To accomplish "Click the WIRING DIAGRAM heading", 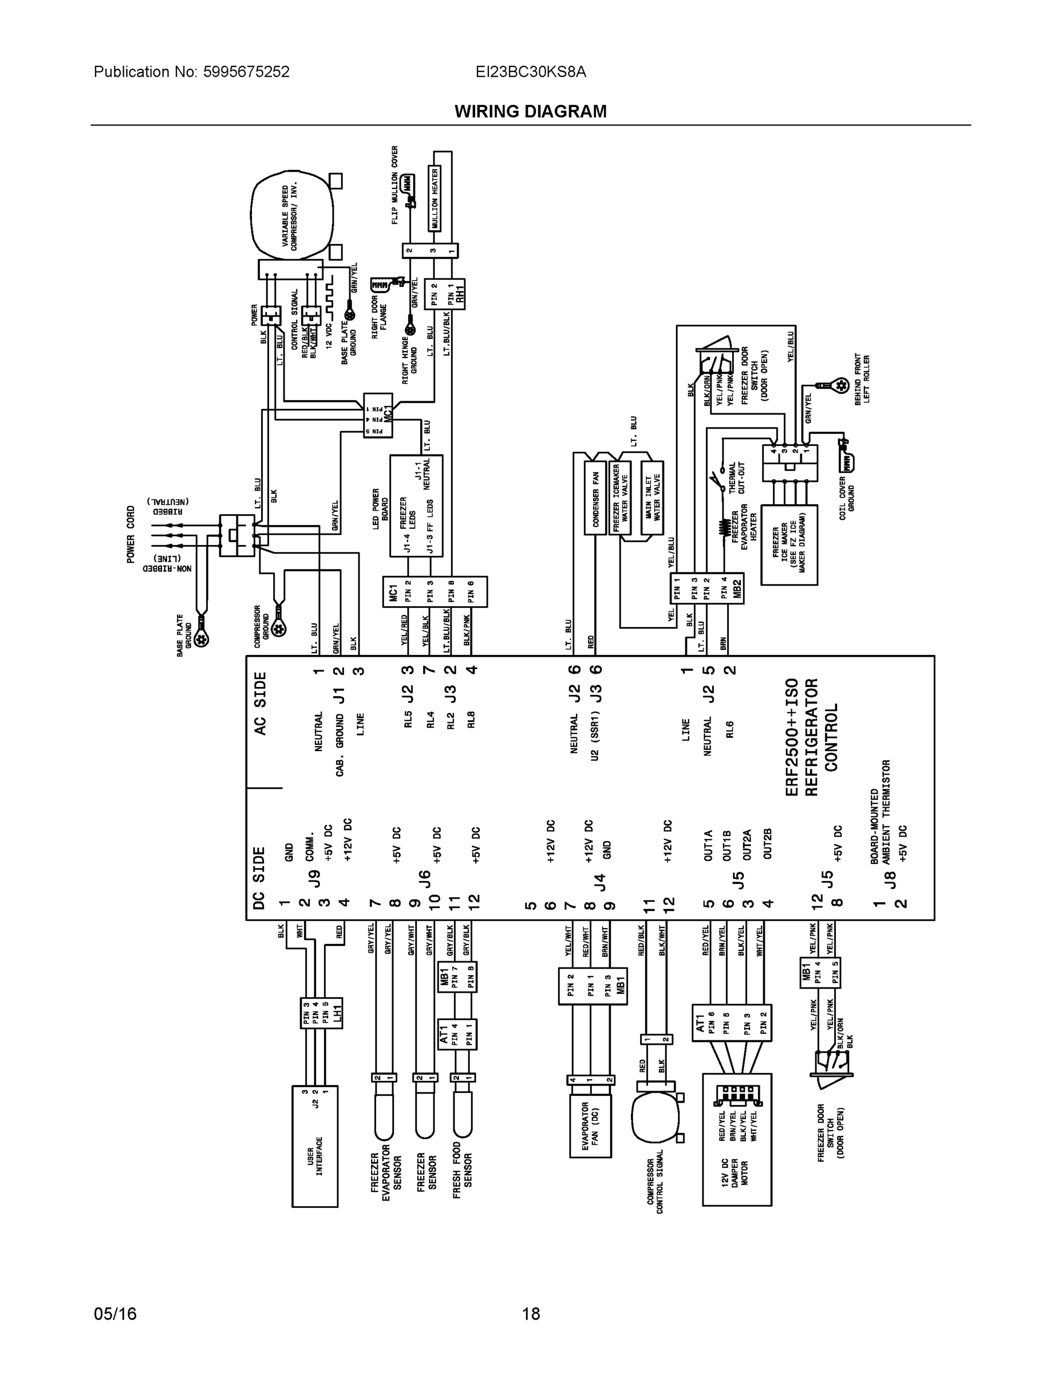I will (530, 112).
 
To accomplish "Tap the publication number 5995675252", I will (246, 72).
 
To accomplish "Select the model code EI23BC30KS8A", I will (530, 72).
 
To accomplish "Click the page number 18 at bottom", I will (530, 1314).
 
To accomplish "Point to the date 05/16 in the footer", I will (115, 1314).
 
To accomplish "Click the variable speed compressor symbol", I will (291, 216).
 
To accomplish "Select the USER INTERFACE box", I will (314, 1146).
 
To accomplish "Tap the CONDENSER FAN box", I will (595, 498).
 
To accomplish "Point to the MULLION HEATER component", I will (434, 199).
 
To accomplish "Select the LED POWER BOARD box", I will (416, 506).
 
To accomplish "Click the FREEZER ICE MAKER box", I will (789, 545).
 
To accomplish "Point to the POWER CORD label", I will (131, 534).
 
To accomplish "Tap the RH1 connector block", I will (445, 293).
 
